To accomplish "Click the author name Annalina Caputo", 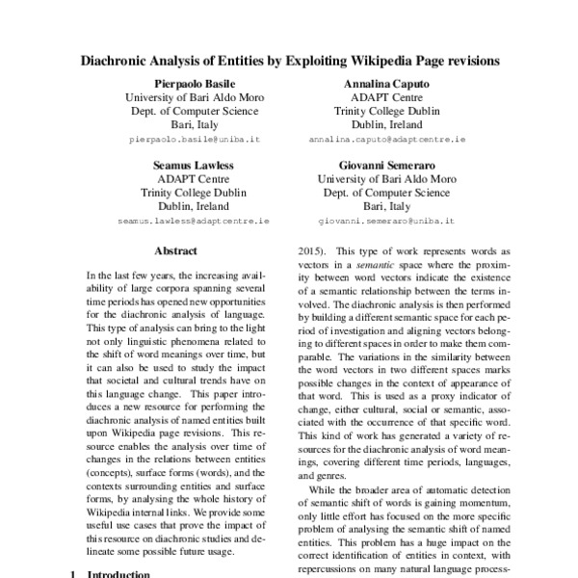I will coord(386,84).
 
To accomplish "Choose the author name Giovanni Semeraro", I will coord(387,165).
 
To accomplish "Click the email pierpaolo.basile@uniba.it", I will coord(194,140).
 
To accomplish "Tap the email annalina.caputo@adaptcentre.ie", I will coord(387,140).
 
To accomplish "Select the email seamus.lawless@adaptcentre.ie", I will coord(194,221).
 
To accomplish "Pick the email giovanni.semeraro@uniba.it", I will coord(387,221).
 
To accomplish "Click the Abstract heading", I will coord(175,252).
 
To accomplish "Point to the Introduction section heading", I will coord(118,574).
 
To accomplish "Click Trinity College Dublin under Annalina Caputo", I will coord(387,111).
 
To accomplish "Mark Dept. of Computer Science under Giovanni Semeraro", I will coord(387,193).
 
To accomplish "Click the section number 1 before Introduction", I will coord(74,574).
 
